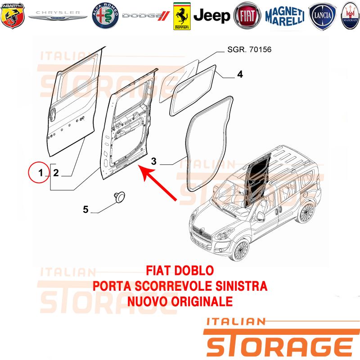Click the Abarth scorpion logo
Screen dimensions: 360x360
click(x=13, y=16)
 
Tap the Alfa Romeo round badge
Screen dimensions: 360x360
click(x=105, y=16)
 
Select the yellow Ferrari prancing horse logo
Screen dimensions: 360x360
click(x=182, y=16)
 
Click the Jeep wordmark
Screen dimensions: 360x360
click(x=211, y=16)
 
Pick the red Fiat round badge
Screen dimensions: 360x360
click(x=247, y=16)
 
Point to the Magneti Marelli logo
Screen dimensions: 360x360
click(x=285, y=16)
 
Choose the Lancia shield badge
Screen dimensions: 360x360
click(x=322, y=16)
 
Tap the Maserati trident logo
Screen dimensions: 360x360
click(x=351, y=16)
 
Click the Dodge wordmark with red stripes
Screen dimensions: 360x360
click(x=146, y=16)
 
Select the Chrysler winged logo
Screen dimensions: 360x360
click(x=58, y=16)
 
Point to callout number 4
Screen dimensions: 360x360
click(x=240, y=74)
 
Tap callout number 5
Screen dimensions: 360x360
click(x=85, y=209)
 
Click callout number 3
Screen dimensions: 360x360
click(x=154, y=161)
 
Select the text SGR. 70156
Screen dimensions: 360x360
click(x=249, y=49)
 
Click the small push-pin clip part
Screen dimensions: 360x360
click(x=120, y=197)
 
